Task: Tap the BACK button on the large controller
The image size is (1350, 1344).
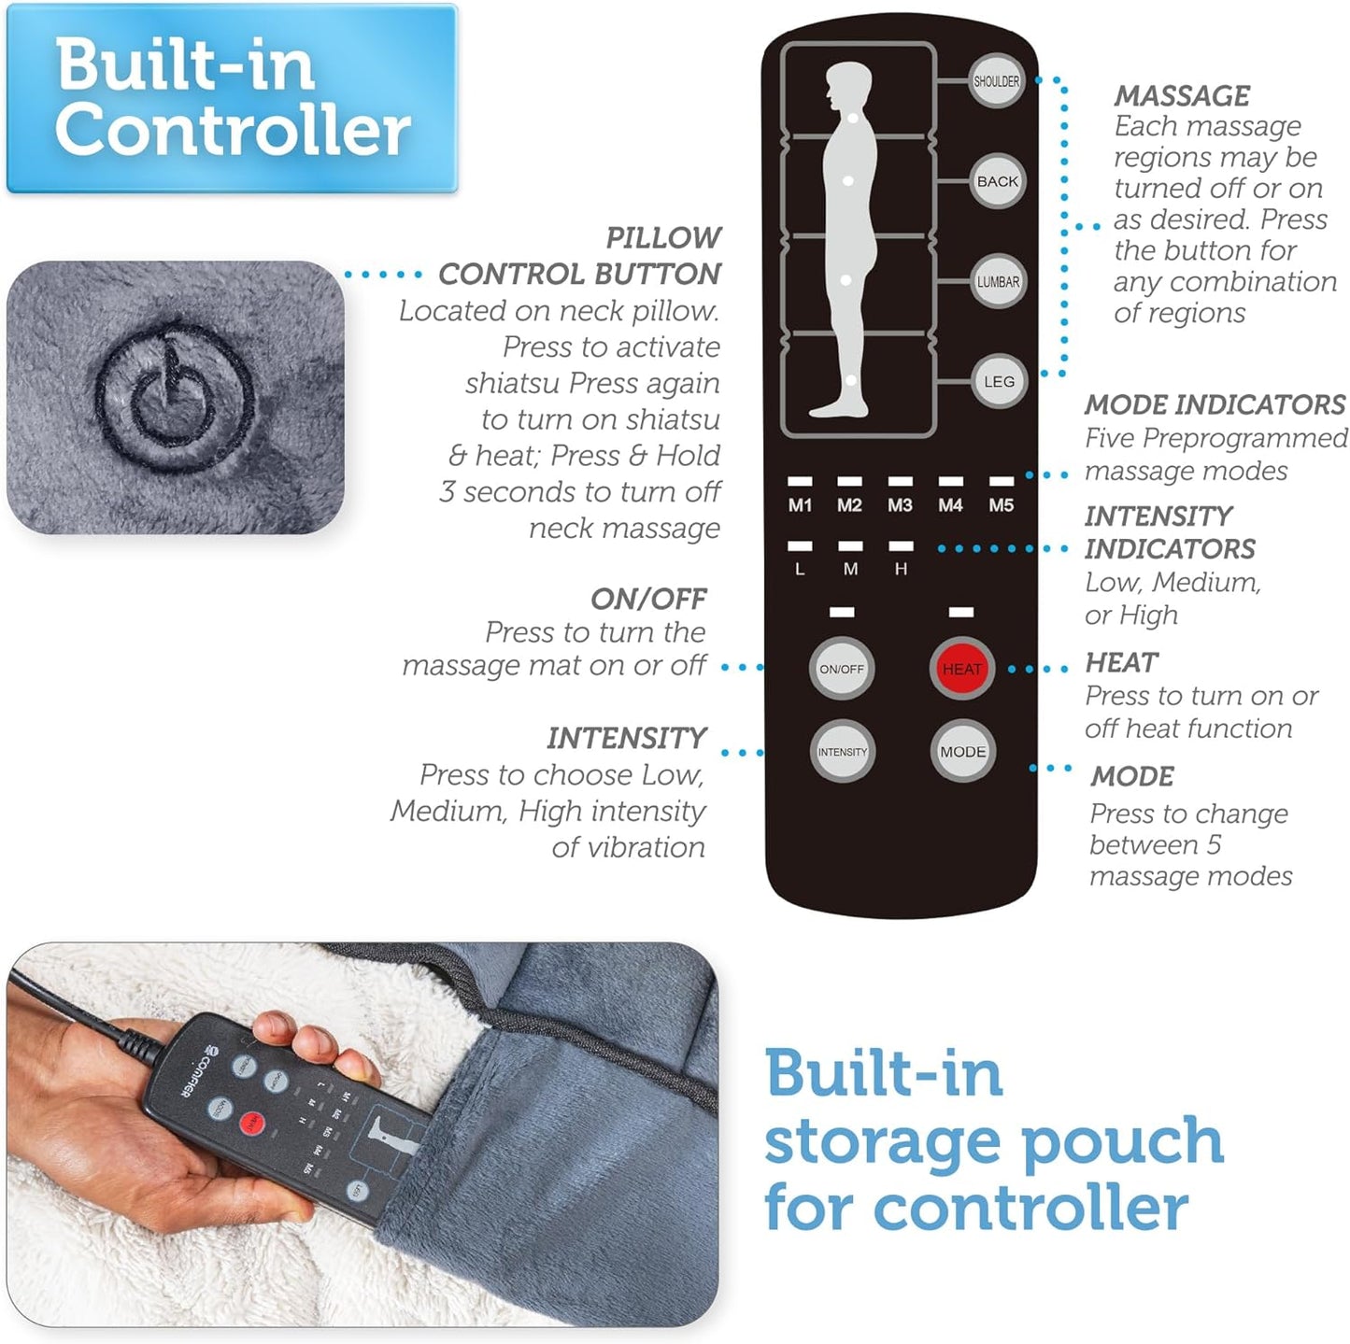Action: [997, 181]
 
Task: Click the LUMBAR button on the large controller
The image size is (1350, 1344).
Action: [998, 282]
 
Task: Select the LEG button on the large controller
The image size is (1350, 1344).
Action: [998, 382]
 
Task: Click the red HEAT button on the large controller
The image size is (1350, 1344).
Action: [961, 669]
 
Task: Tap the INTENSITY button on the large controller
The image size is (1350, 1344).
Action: [842, 752]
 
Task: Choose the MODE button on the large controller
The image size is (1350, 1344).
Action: [962, 752]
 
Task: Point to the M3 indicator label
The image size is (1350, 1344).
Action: [900, 505]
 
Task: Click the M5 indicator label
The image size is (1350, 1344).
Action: [1001, 505]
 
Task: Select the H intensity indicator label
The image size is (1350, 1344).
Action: [901, 569]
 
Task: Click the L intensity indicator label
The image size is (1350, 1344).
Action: [800, 569]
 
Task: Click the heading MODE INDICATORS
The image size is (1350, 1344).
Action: [1214, 404]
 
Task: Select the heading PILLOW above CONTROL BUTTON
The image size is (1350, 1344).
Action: [663, 237]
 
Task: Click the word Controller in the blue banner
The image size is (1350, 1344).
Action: [232, 130]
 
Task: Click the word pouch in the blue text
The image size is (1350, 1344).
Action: [1121, 1142]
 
